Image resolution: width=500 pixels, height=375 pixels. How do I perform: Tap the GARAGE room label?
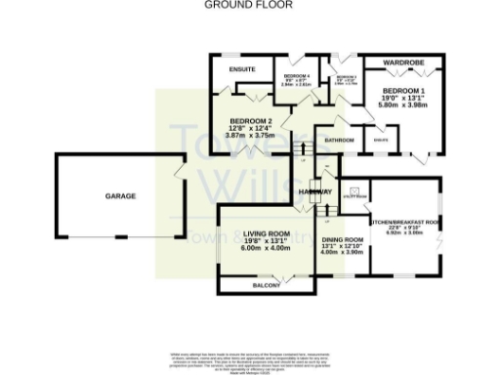pyautogui.click(x=119, y=196)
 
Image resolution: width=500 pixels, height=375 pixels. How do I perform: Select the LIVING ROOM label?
pyautogui.click(x=267, y=234)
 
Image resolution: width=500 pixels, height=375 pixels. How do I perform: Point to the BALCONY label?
pyautogui.click(x=267, y=285)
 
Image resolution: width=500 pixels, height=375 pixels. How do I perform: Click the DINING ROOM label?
pyautogui.click(x=342, y=239)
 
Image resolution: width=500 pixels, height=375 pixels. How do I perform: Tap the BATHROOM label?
pyautogui.click(x=339, y=141)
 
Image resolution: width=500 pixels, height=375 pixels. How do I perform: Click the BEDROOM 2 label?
pyautogui.click(x=251, y=122)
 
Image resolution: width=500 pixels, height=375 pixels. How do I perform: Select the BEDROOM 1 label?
pyautogui.click(x=402, y=88)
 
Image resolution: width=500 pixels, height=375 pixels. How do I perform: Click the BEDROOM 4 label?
pyautogui.click(x=296, y=76)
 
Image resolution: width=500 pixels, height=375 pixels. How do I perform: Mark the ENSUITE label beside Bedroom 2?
pyautogui.click(x=241, y=69)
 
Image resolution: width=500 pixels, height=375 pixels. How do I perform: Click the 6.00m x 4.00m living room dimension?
pyautogui.click(x=267, y=249)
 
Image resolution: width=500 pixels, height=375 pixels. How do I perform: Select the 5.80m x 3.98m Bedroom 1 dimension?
pyautogui.click(x=402, y=104)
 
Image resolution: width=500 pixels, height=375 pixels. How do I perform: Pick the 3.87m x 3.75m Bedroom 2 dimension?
pyautogui.click(x=251, y=138)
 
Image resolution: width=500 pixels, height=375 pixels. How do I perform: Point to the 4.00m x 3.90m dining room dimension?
pyautogui.click(x=342, y=252)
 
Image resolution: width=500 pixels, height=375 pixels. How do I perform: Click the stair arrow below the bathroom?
pyautogui.click(x=303, y=156)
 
